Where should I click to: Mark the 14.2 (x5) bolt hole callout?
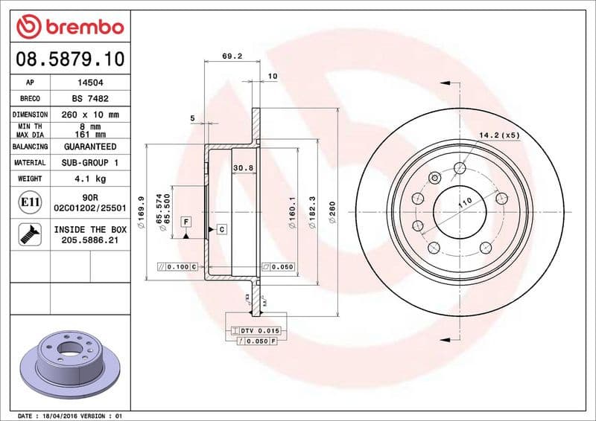click(x=499, y=135)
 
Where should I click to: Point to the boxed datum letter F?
click(x=184, y=221)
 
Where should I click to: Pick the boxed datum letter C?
click(x=221, y=230)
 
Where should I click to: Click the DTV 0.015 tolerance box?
click(x=256, y=330)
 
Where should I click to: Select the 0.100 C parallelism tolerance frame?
click(x=177, y=266)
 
